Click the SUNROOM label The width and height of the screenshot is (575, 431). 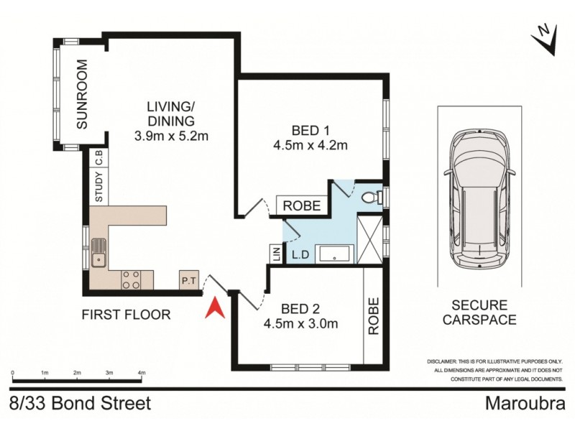click(82, 94)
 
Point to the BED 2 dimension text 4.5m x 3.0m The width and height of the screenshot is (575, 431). click(300, 323)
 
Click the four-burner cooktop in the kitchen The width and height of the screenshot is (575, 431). click(131, 279)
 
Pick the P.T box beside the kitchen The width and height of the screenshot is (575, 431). click(188, 280)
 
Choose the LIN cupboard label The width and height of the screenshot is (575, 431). click(275, 254)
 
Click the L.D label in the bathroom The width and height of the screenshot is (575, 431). click(300, 254)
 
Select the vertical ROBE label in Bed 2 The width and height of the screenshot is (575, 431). click(373, 317)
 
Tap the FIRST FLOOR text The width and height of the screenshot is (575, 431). click(126, 314)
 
